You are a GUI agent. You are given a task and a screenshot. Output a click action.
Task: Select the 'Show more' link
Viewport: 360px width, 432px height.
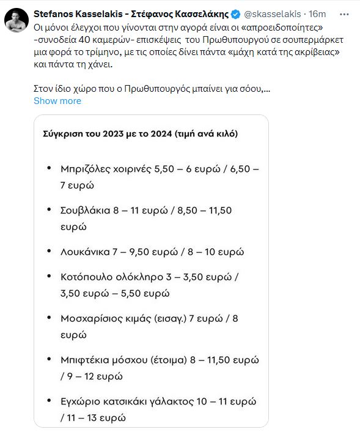(57, 101)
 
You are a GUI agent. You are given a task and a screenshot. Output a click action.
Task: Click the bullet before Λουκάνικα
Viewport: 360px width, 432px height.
(49, 251)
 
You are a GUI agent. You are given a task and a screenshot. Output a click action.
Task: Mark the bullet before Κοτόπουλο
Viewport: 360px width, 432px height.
(49, 277)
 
